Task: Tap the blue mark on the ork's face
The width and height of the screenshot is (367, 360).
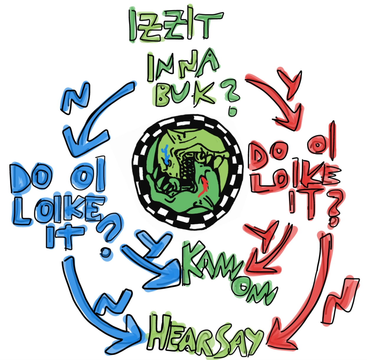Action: [166, 153]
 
